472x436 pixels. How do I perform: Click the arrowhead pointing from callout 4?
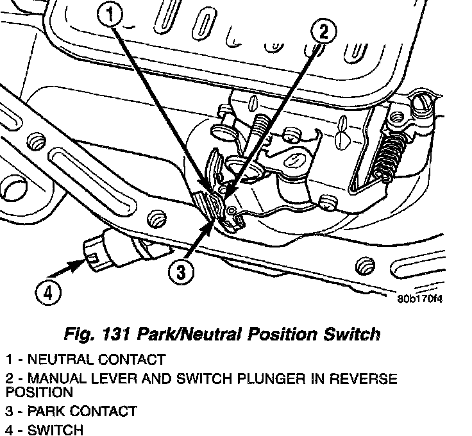click(83, 260)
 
